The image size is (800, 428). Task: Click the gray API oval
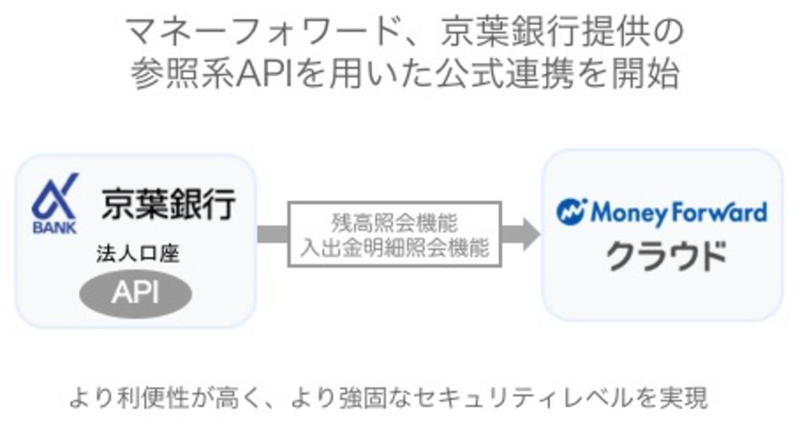tap(136, 294)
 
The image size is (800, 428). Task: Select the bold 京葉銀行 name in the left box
tap(168, 205)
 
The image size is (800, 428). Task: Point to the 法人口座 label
tap(137, 255)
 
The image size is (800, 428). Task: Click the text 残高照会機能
tap(394, 223)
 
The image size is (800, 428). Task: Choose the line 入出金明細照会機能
tap(395, 248)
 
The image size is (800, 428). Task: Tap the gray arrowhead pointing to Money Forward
tap(523, 234)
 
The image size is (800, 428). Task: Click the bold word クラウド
tap(666, 256)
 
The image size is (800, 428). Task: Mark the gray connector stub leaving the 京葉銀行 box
tap(272, 234)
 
